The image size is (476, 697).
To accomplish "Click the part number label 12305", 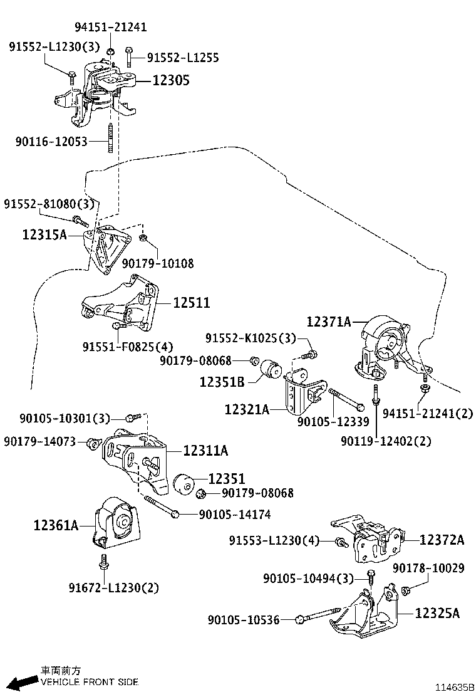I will [169, 80].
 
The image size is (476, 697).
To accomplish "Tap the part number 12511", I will [192, 303].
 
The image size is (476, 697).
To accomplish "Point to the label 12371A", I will [329, 322].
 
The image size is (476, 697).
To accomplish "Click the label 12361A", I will [56, 526].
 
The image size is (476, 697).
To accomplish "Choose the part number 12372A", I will [442, 540].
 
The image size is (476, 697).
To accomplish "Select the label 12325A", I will [437, 612].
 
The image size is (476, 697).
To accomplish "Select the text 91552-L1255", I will [183, 58].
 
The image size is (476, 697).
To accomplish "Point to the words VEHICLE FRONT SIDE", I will [90, 682].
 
